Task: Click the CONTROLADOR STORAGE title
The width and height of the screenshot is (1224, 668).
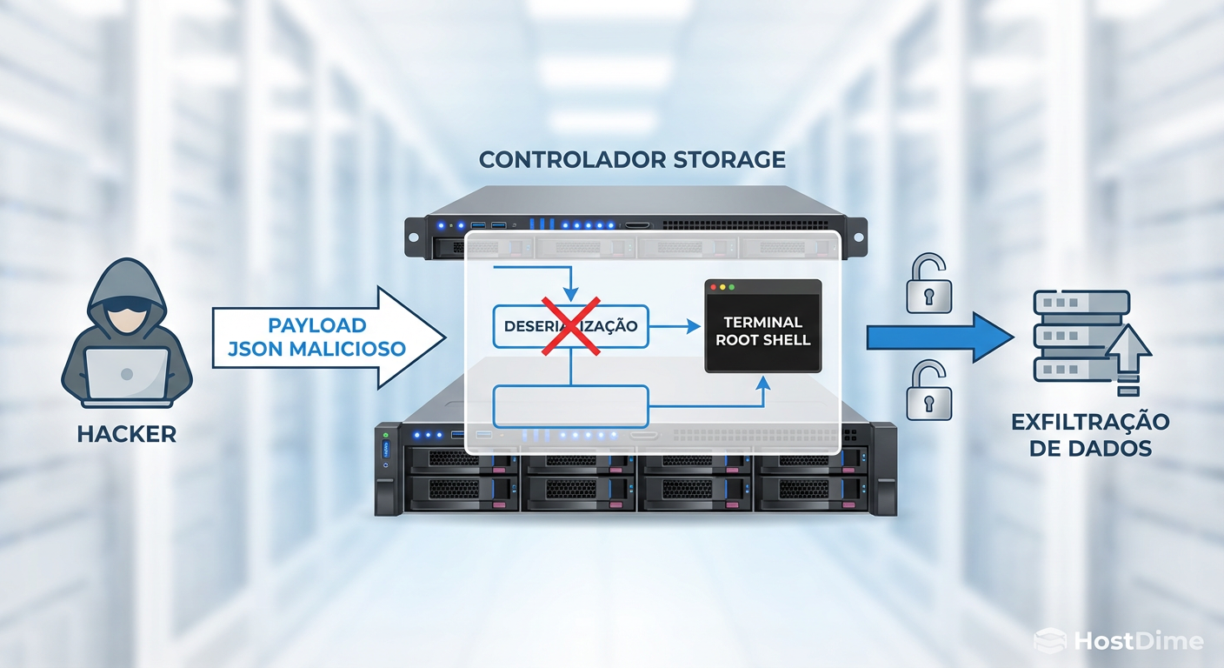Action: coord(632,160)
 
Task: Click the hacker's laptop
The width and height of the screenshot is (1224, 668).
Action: coord(127,374)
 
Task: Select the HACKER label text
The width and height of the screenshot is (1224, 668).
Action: coord(127,433)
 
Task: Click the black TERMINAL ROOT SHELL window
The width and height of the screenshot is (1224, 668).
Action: coord(762,326)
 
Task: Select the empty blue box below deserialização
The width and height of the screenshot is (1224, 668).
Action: coord(571,405)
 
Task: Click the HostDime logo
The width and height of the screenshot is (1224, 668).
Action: coord(1120,642)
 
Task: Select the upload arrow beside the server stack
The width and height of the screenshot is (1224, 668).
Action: coord(1128,357)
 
